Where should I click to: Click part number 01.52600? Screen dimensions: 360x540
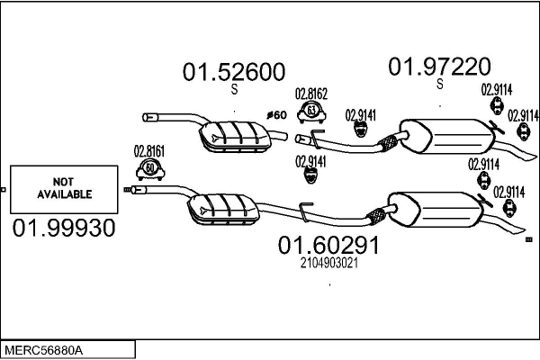(x=234, y=72)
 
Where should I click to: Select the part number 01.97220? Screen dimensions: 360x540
(x=439, y=66)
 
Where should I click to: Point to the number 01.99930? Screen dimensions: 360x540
(x=64, y=229)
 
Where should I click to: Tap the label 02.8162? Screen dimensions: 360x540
(x=311, y=93)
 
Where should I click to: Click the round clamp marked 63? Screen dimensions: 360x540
(x=310, y=112)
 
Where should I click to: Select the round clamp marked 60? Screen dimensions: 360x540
(x=149, y=168)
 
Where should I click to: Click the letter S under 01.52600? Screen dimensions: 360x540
(x=234, y=90)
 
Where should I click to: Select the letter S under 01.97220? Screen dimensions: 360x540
(x=440, y=85)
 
